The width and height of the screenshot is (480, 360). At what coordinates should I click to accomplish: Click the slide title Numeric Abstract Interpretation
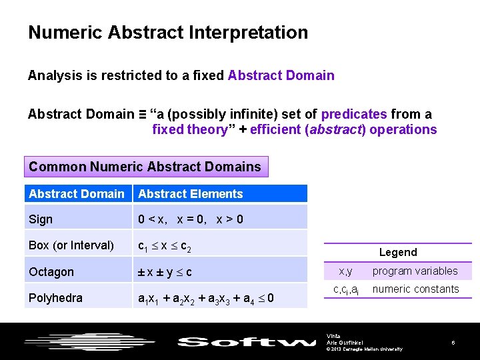tap(168, 32)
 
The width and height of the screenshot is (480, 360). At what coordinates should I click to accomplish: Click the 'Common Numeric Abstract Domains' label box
tap(145, 167)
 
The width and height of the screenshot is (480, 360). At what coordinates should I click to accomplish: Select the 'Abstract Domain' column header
tap(77, 194)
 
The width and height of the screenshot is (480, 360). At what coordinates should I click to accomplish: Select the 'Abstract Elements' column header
tap(191, 194)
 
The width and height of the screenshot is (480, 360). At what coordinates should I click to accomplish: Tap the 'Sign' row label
tap(41, 219)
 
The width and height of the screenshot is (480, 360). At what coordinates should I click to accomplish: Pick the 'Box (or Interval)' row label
tap(71, 245)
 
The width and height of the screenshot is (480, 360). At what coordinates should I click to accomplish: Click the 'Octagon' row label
tap(51, 272)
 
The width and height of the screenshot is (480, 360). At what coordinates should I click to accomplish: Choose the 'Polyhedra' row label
tap(55, 298)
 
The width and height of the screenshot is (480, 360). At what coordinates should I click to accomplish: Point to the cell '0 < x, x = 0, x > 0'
tap(191, 219)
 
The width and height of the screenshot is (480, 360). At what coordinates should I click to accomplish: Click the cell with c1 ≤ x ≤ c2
tap(165, 246)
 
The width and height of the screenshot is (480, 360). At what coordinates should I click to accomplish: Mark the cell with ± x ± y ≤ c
tap(165, 272)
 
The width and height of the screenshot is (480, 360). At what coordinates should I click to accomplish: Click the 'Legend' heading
tap(398, 252)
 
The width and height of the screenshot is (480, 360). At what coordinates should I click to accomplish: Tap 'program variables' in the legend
tap(415, 271)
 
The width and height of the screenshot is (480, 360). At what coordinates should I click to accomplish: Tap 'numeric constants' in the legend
tap(415, 289)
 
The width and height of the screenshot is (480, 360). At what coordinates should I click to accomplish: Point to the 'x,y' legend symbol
tap(345, 271)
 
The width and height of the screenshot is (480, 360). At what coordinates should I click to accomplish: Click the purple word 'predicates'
tap(354, 114)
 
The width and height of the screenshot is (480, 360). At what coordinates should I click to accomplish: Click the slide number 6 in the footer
tap(453, 343)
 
